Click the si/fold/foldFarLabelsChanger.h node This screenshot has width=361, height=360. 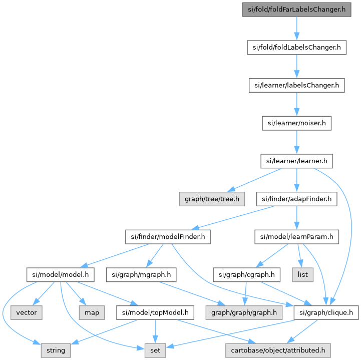[x=297, y=10]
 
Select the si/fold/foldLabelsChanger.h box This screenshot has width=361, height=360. [x=297, y=48]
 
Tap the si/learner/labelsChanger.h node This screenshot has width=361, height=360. [x=297, y=86]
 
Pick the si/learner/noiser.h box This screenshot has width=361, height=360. [x=297, y=123]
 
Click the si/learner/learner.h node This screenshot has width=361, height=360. [x=297, y=161]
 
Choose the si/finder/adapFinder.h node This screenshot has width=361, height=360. [x=297, y=199]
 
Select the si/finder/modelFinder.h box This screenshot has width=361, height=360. [x=168, y=237]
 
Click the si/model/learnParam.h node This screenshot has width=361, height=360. [x=297, y=237]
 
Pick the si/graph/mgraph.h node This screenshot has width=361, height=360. [x=141, y=275]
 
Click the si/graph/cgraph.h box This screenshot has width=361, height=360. [x=244, y=275]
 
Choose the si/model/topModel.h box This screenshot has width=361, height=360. [x=155, y=312]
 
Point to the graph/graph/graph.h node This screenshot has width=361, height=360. [x=244, y=312]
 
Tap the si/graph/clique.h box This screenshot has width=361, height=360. [x=326, y=312]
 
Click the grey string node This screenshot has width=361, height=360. [x=56, y=350]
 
